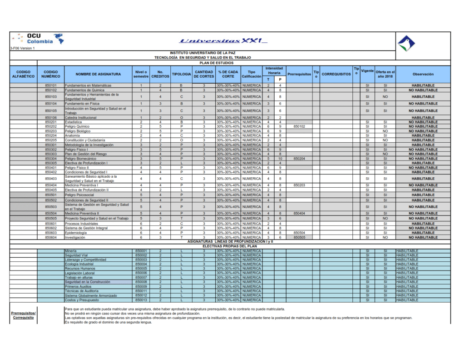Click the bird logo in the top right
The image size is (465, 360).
point(406,44)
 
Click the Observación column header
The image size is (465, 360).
point(423,74)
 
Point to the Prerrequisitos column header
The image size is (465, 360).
point(299,74)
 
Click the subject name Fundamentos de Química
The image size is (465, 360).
point(84,90)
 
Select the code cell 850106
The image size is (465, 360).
point(51,118)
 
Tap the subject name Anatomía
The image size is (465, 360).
point(73,135)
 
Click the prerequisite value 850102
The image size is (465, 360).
point(299,126)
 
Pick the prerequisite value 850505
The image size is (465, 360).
point(299,237)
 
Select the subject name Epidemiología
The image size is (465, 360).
point(75,233)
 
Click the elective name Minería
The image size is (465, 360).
point(71,251)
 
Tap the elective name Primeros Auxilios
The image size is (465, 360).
point(78,287)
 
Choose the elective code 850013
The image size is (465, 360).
point(141,300)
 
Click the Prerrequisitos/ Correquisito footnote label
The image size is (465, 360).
point(23,315)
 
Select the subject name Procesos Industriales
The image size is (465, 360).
point(81,224)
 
